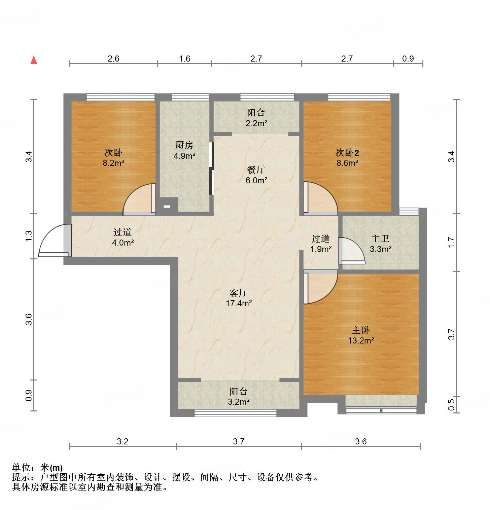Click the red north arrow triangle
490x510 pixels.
[x=34, y=60]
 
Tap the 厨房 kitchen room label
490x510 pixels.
[x=184, y=145]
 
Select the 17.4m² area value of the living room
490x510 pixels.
[x=239, y=303]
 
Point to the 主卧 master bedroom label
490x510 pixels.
[x=361, y=330]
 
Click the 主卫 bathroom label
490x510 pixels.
[x=380, y=239]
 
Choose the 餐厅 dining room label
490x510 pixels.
[x=256, y=170]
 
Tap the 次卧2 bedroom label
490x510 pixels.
[x=347, y=153]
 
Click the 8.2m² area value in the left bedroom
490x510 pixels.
[x=114, y=163]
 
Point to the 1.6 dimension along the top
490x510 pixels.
[x=184, y=59]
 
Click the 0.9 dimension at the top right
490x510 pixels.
[x=408, y=59]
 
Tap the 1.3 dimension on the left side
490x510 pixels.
[x=29, y=236]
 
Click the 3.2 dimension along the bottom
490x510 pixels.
[x=123, y=441]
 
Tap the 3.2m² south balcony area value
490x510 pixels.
[x=239, y=402]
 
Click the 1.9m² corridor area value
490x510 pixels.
[x=321, y=249]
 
